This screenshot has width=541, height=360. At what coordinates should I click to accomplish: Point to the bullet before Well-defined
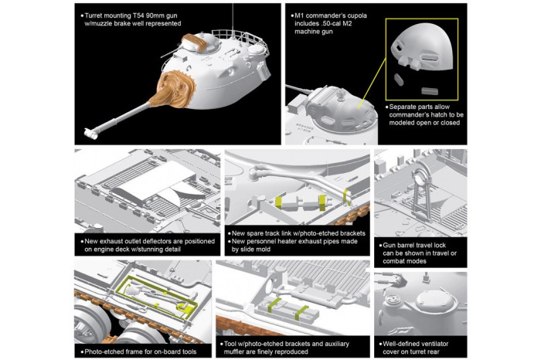coord(377,341)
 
